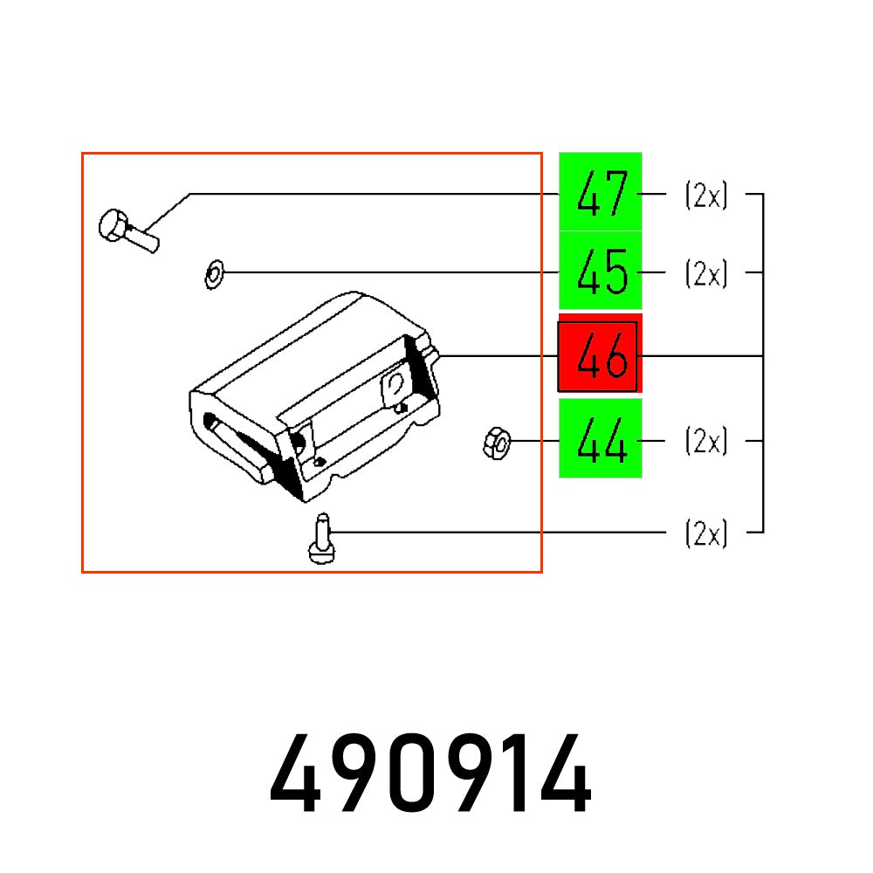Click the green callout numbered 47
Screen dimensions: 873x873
click(x=601, y=192)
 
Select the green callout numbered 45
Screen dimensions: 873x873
click(x=601, y=272)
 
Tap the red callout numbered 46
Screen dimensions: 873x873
click(x=600, y=356)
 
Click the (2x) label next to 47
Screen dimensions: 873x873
click(x=705, y=196)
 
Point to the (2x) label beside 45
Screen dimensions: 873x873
click(x=705, y=274)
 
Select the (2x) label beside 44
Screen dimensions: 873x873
click(x=705, y=442)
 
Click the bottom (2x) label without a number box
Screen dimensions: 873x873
click(x=705, y=533)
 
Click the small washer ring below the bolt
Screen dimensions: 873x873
click(x=212, y=275)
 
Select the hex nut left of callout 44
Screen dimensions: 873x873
click(x=495, y=443)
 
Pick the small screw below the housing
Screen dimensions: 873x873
click(x=321, y=539)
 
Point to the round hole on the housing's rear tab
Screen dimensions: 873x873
click(x=395, y=382)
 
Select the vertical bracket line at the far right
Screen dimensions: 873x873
click(x=764, y=362)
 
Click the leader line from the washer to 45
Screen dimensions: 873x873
click(x=393, y=273)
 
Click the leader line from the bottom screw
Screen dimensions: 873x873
click(x=498, y=532)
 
